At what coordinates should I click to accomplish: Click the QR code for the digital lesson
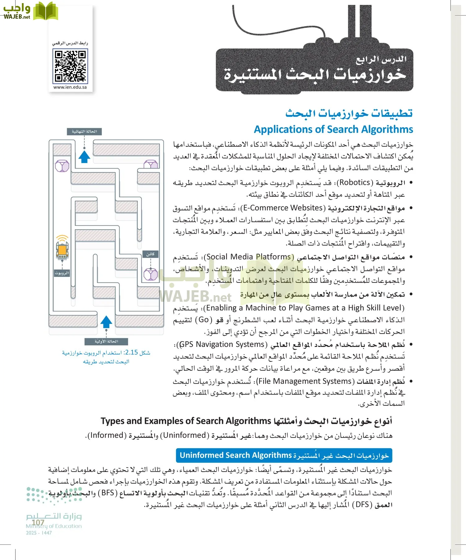point(70,66)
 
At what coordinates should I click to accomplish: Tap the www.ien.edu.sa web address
point(70,87)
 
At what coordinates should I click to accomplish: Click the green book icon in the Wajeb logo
point(46,12)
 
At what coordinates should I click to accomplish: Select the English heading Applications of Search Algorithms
point(333,129)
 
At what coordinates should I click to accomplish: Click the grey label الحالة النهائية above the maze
point(84,132)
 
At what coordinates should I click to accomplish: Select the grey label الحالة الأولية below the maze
point(106,341)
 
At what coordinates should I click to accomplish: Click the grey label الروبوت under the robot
point(62,273)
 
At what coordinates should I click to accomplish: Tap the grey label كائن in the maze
point(150,254)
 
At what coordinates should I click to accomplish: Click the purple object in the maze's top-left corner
point(62,166)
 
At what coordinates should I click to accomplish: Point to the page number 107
point(38,522)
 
